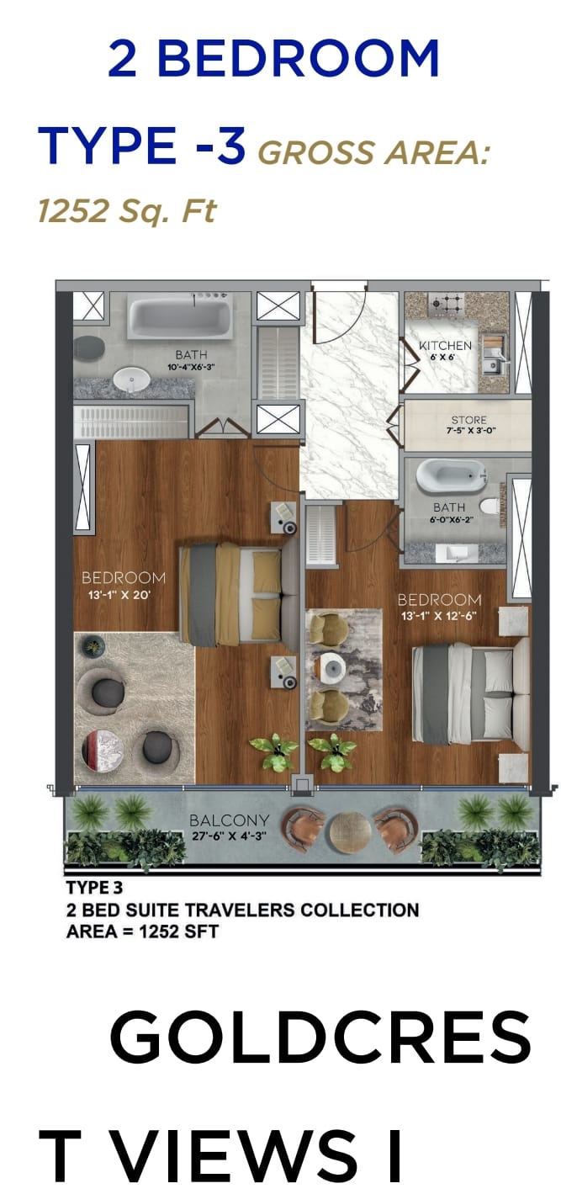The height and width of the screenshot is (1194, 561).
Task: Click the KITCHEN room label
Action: coord(445,345)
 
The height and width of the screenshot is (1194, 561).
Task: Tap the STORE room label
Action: coord(468,420)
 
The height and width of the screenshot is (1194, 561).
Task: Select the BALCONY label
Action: coord(229,820)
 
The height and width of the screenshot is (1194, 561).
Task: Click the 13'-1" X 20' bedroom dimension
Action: coord(119,595)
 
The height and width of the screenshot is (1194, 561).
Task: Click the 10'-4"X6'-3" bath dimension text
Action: coord(191,367)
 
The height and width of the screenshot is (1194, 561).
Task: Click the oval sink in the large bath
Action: coord(131,379)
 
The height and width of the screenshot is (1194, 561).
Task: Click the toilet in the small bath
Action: coord(490,506)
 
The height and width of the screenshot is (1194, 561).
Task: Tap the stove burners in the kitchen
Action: coord(446,305)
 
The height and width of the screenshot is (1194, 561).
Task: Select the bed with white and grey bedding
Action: coord(471,692)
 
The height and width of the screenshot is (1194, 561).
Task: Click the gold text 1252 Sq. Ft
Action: coord(127,210)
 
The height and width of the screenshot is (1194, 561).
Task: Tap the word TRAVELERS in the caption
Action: coord(242,910)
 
